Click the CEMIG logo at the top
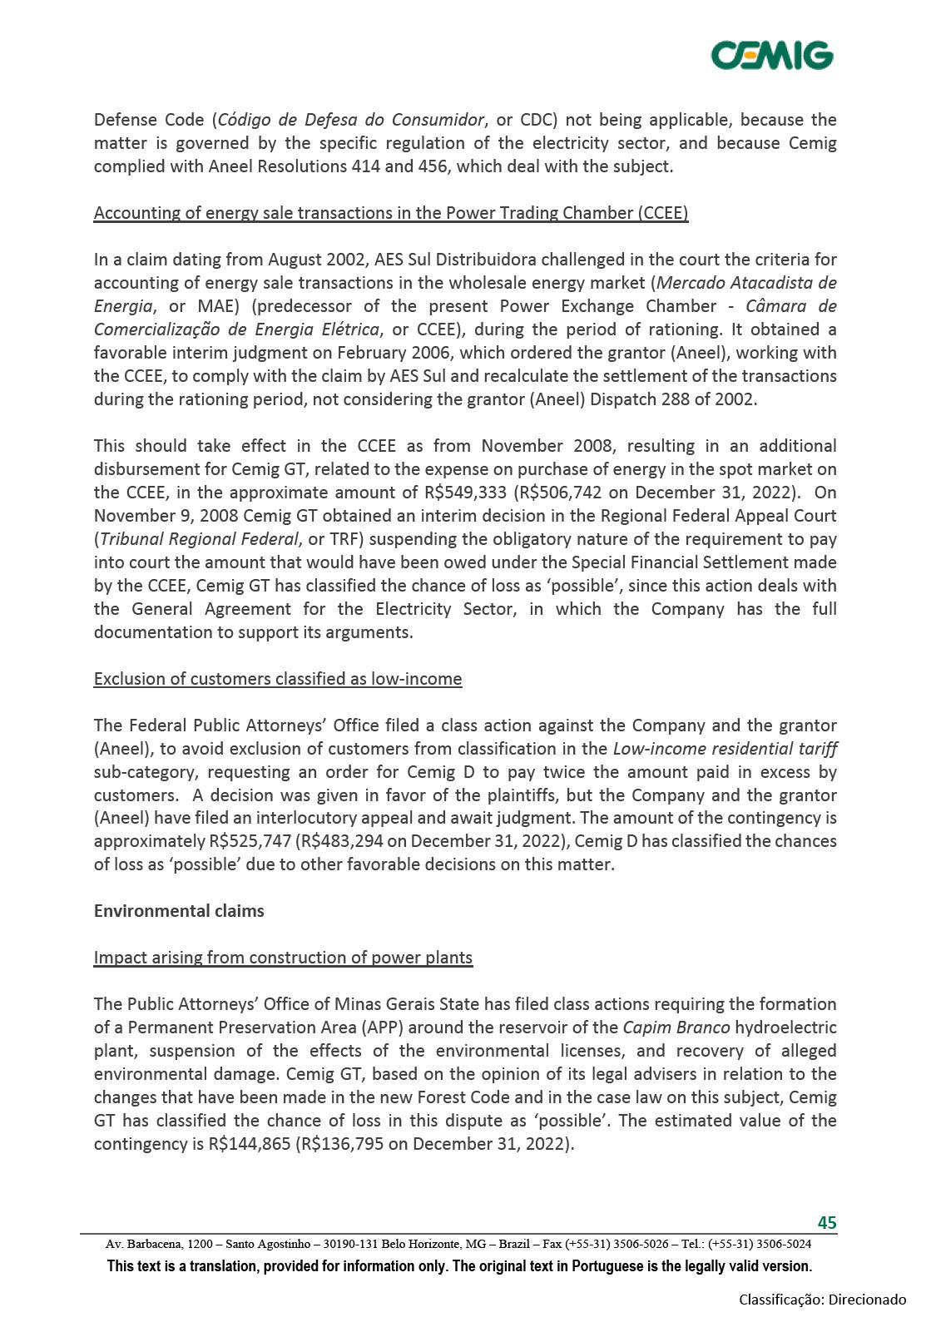[x=771, y=56]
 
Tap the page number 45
[x=826, y=1222]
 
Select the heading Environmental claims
[x=179, y=910]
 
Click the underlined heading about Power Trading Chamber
[x=391, y=213]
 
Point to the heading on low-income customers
[x=278, y=679]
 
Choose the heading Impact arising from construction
[x=283, y=958]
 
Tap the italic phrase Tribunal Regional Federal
[x=199, y=539]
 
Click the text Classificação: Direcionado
[x=822, y=1300]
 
